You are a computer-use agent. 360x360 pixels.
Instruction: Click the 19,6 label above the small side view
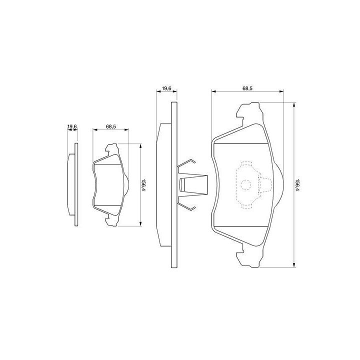[72, 126]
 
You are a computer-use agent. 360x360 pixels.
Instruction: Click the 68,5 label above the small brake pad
[111, 126]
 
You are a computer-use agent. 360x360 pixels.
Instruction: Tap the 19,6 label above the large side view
[166, 88]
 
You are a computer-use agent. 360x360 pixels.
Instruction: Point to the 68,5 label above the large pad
[247, 88]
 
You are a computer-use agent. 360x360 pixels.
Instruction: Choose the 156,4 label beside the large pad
[298, 184]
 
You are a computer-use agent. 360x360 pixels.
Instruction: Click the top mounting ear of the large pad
[249, 112]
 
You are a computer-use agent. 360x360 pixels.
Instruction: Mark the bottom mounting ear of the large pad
[249, 256]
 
